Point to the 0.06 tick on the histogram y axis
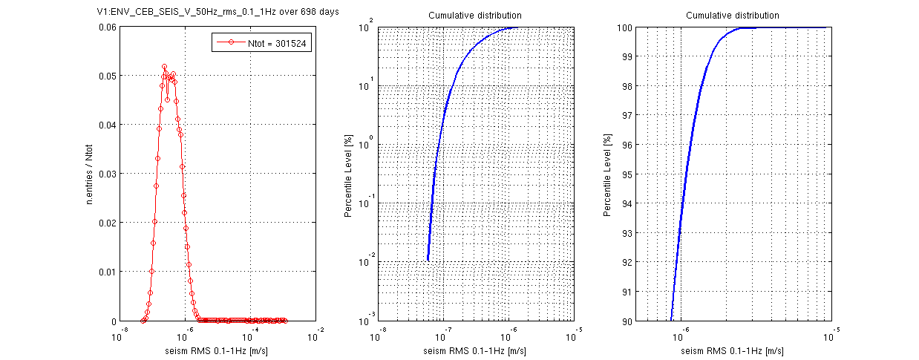click(x=107, y=28)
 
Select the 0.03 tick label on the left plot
click(x=107, y=174)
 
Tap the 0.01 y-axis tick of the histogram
click(x=107, y=272)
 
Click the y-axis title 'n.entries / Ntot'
click(x=90, y=174)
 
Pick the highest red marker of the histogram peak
click(x=165, y=67)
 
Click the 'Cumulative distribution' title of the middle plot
click(x=475, y=16)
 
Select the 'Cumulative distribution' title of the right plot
click(x=732, y=16)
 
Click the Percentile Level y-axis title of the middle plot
click(x=348, y=174)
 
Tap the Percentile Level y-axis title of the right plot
click(x=608, y=174)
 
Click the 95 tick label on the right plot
click(x=628, y=174)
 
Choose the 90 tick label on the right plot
click(x=628, y=321)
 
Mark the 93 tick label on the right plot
click(x=628, y=233)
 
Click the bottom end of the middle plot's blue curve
click(x=428, y=260)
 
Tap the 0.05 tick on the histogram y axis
click(x=107, y=76)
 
